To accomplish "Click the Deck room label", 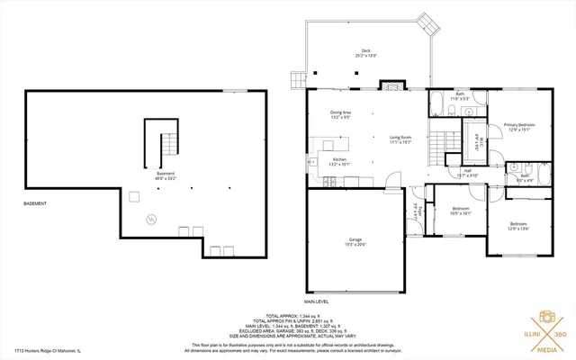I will click(x=365, y=53).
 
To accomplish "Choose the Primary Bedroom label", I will click(x=519, y=126).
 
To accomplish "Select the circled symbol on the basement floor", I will click(x=151, y=218).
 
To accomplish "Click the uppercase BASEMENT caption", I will click(x=37, y=204).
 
